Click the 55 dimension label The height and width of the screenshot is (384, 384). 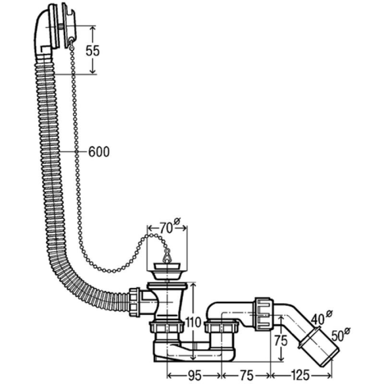(x=93, y=51)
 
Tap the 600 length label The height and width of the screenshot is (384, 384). (x=99, y=152)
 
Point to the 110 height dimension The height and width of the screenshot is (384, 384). (x=193, y=322)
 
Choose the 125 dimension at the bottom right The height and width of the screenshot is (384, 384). (x=300, y=375)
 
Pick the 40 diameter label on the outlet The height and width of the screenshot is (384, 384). (x=322, y=318)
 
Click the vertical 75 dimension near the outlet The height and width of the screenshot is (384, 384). (x=281, y=341)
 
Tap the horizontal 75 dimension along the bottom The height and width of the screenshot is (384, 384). (x=246, y=375)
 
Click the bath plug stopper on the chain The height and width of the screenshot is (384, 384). (x=167, y=271)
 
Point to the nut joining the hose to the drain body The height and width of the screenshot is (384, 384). (x=134, y=302)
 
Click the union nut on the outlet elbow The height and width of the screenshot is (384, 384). (x=264, y=314)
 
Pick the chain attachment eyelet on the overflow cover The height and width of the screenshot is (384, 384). (x=71, y=39)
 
